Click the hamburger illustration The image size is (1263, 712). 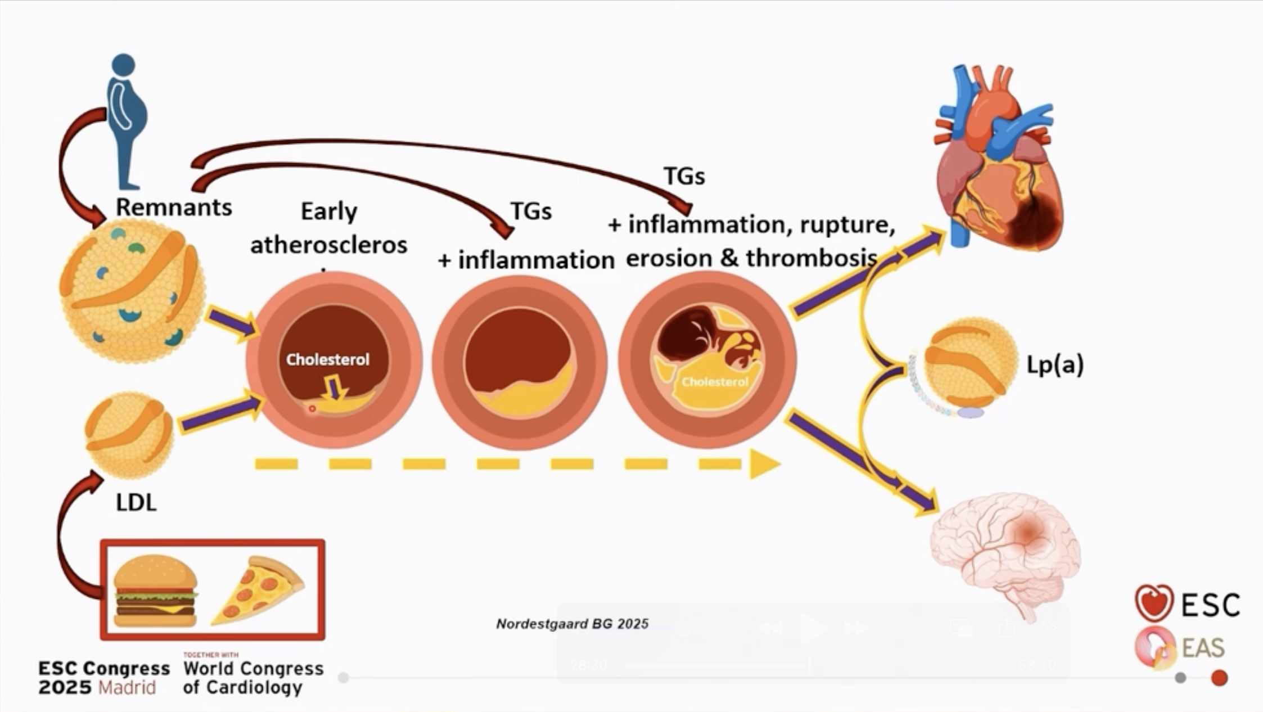click(155, 591)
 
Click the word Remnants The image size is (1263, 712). click(174, 207)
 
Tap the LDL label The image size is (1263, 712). click(136, 502)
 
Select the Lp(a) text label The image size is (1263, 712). click(1055, 364)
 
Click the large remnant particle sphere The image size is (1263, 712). click(133, 290)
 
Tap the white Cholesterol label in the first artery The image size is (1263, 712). click(327, 359)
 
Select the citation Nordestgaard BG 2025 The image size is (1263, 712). click(572, 624)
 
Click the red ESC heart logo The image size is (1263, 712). click(1154, 603)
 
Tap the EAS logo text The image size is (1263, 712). click(1203, 648)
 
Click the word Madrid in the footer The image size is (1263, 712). click(127, 687)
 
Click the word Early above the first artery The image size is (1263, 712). click(329, 211)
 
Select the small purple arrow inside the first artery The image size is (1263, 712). click(335, 389)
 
